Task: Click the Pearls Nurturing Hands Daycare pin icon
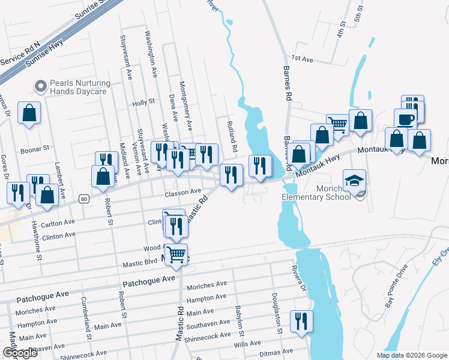pos(41,86)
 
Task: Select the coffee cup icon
pos(405,118)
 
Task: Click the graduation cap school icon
pos(354,180)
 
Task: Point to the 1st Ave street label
pos(303,59)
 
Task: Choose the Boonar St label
pos(34,146)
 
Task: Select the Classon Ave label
pos(182,192)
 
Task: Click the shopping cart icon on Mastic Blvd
pos(176,254)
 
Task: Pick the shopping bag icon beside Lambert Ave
pos(29,113)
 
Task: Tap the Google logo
pos(20,353)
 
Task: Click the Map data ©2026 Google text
pos(411,355)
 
